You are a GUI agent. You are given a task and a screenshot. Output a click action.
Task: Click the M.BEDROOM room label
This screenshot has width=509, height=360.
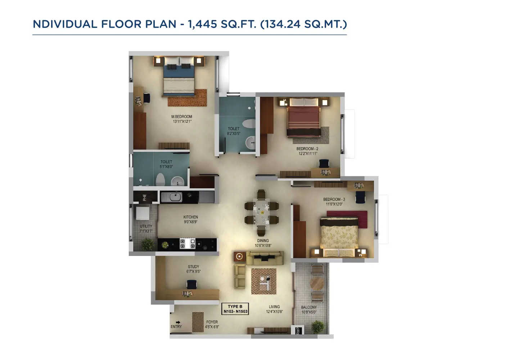point(181,117)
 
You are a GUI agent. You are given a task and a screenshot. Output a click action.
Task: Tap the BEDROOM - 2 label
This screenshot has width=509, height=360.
point(307,149)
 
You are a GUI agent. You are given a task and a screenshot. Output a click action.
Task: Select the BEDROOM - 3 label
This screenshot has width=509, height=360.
point(334,199)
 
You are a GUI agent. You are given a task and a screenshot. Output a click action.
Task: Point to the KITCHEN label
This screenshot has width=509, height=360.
point(190,217)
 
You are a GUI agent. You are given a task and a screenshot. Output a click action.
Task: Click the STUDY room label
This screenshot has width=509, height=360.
point(193,267)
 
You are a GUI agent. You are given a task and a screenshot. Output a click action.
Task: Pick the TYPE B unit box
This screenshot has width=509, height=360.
point(235,309)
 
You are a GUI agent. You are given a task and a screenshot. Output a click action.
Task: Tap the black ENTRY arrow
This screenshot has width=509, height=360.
point(178,322)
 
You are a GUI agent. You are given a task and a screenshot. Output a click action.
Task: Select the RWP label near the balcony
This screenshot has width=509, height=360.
point(298,331)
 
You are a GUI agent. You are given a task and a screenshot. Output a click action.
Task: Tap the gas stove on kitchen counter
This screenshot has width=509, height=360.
point(188,244)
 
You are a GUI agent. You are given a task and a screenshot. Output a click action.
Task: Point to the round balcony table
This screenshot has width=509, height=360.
point(317,283)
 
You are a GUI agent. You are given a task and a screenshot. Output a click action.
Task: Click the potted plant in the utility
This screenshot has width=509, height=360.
point(148,244)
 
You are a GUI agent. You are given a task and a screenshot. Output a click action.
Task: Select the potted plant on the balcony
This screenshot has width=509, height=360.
point(317,327)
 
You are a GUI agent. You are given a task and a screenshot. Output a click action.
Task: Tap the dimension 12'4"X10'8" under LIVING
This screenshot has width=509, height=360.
point(274,312)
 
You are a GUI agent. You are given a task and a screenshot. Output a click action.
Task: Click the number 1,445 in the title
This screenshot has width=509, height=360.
point(202,24)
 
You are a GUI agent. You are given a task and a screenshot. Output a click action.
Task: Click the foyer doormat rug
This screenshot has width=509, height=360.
point(198,322)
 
